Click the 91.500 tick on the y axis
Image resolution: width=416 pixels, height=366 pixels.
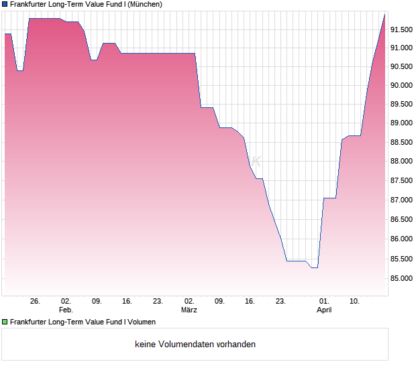[403, 29]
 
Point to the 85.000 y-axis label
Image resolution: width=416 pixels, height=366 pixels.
[403, 278]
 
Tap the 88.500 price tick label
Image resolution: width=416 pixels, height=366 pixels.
[403, 143]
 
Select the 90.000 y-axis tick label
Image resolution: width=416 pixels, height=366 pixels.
[403, 86]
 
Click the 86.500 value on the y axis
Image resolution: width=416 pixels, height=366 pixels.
[403, 220]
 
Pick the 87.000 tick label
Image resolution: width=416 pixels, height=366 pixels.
[403, 200]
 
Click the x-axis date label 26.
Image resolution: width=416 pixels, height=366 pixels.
[36, 302]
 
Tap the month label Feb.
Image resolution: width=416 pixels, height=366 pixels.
[66, 310]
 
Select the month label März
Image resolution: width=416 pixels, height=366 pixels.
[189, 310]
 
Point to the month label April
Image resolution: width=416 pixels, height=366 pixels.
[324, 310]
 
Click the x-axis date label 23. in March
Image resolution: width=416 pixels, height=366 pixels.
[280, 302]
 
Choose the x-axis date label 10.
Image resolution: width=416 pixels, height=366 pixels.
[355, 302]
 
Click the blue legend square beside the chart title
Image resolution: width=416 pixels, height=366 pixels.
[5, 4]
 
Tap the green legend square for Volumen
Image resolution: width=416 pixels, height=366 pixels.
[5, 322]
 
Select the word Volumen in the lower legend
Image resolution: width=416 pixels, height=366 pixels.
[141, 322]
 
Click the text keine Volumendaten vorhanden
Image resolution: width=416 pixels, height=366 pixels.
[195, 345]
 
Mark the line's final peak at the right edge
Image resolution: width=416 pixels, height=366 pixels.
[385, 13]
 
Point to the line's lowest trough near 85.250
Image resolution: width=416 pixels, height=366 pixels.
[314, 267]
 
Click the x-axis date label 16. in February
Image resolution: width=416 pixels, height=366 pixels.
[127, 302]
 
